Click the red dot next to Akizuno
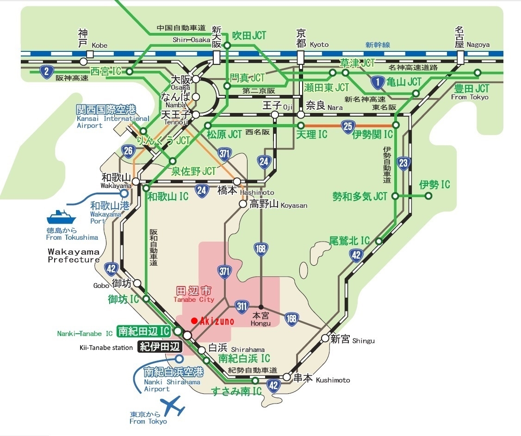pos(194,320)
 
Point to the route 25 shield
pos(348,125)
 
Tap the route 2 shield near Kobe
pos(46,72)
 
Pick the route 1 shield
pos(378,83)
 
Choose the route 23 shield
pos(404,162)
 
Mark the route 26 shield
pos(128,150)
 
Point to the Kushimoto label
pos(333,380)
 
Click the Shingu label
pos(363,341)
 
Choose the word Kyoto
pos(319,45)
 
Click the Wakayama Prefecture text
pos(74,255)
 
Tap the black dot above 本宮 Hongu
pos(261,307)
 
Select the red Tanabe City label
pos(194,295)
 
